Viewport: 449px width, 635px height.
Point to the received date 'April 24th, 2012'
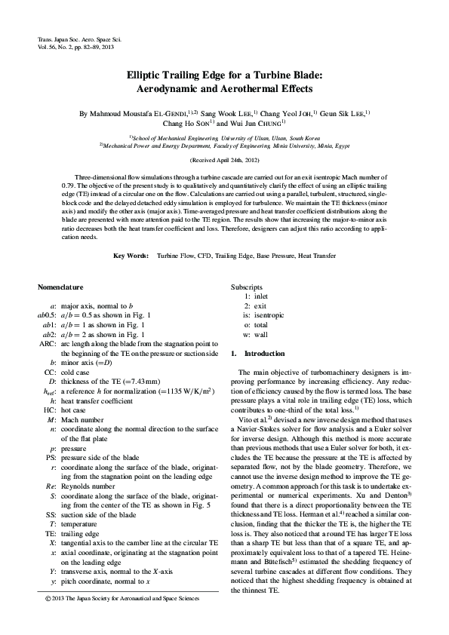click(231, 161)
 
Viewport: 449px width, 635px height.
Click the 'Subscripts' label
click(247, 287)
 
